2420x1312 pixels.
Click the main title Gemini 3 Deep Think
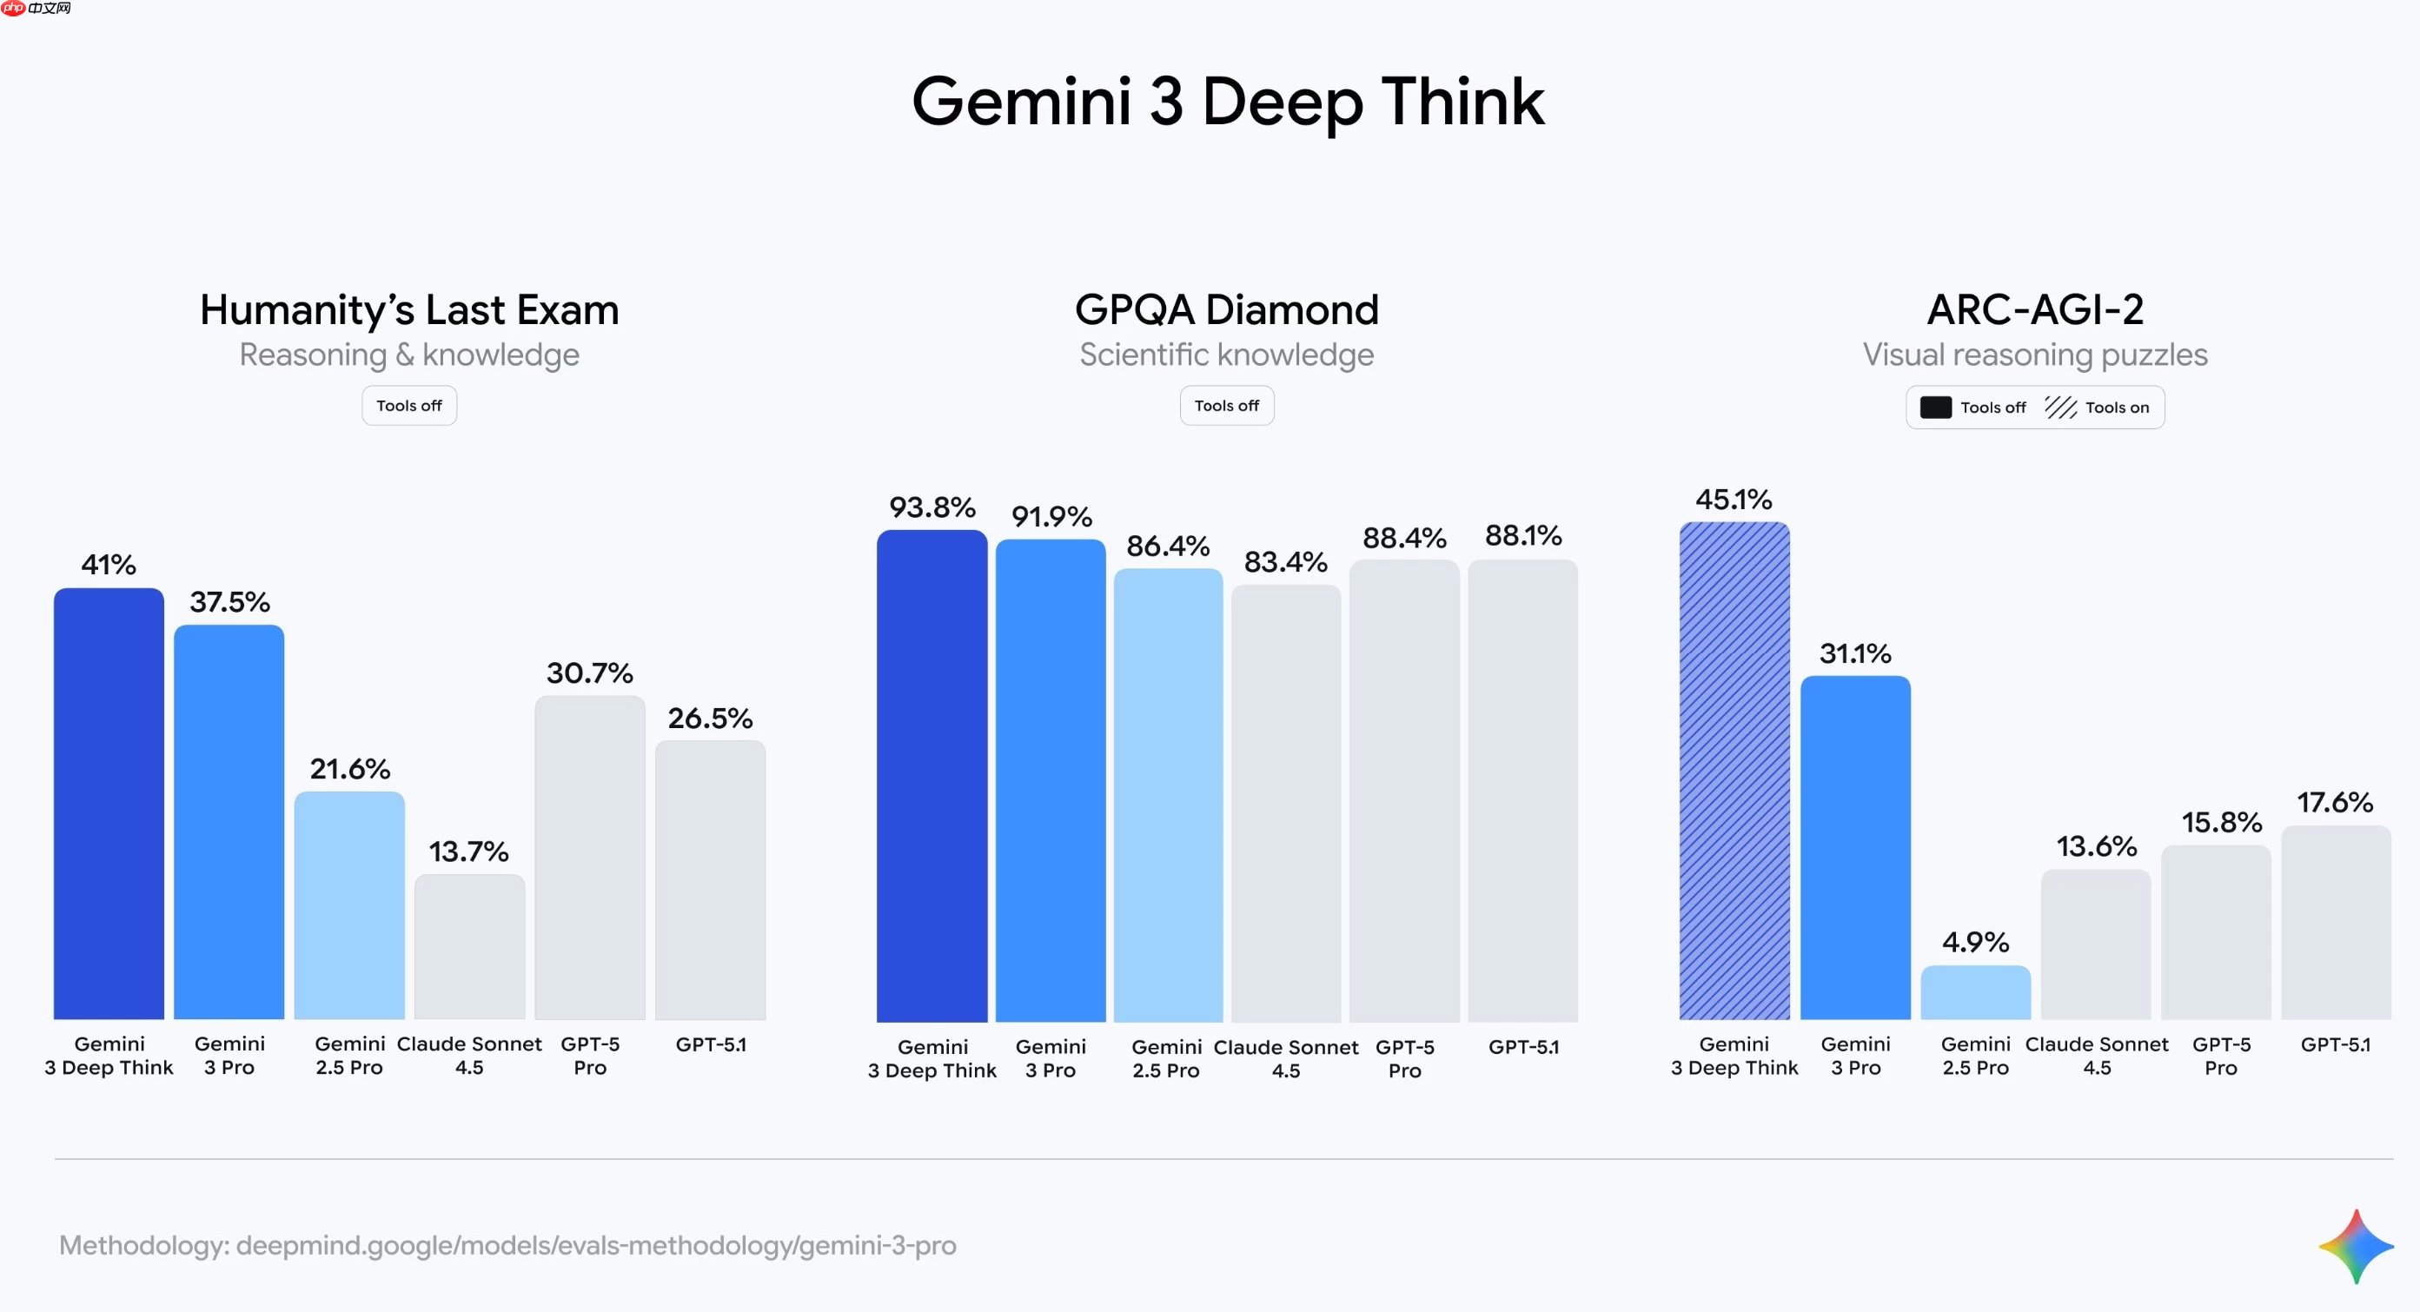coord(1227,102)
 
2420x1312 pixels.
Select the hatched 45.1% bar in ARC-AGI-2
coord(1734,770)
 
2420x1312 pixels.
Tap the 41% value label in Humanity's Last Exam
coord(108,565)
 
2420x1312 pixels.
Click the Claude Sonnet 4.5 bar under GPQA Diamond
coord(1285,803)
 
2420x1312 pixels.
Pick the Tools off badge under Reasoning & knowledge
coord(408,406)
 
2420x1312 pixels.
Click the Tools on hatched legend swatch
coord(2060,408)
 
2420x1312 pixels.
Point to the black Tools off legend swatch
coord(1935,408)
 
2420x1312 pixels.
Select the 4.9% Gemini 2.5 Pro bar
coord(1975,992)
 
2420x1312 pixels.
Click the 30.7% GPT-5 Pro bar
coord(589,857)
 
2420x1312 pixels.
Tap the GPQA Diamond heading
coord(1226,310)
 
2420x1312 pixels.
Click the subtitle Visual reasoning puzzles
coord(2034,355)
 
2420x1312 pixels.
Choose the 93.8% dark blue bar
coord(931,775)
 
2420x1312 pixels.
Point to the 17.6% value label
coord(2335,802)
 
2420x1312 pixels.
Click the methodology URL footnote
coord(507,1245)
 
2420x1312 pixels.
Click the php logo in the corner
coord(13,9)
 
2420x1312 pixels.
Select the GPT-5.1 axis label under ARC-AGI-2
coord(2335,1044)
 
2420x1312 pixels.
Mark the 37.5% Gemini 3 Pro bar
coord(229,822)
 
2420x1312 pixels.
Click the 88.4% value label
coord(1403,538)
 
